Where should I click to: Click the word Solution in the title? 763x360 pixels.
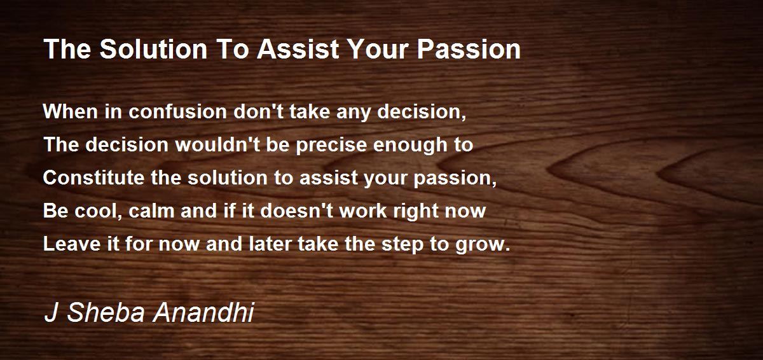(x=153, y=49)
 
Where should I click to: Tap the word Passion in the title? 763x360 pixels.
(x=469, y=49)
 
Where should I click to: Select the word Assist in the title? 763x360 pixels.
(x=298, y=49)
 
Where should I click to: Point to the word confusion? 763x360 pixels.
(x=177, y=111)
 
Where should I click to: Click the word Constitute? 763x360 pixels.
(x=93, y=177)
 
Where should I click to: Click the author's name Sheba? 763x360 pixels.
(x=106, y=312)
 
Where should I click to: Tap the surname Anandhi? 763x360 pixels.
(x=203, y=312)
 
